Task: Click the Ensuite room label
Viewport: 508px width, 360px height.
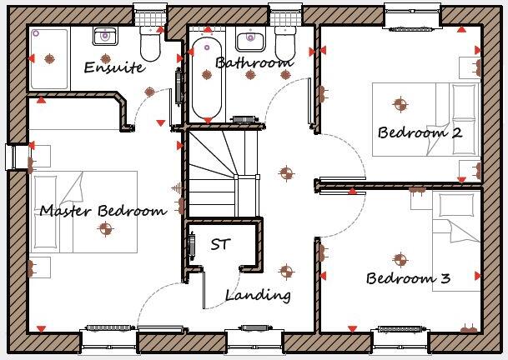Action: pos(113,67)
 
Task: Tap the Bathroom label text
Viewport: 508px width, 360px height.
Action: pos(254,62)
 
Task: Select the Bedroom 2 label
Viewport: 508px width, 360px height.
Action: pos(420,132)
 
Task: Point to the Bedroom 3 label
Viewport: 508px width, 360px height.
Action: pos(409,277)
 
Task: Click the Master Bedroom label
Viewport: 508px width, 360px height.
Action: pos(103,210)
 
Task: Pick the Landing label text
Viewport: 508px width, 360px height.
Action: pos(258,294)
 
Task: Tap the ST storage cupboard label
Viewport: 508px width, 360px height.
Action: pos(220,244)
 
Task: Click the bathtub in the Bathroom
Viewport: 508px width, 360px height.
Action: pos(205,78)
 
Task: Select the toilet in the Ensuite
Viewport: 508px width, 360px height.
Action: pos(150,42)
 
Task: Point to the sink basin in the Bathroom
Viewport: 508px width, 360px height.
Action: pos(249,38)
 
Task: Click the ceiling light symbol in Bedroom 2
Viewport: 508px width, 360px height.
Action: pos(400,104)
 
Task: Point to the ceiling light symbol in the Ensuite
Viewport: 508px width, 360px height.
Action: pos(149,92)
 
